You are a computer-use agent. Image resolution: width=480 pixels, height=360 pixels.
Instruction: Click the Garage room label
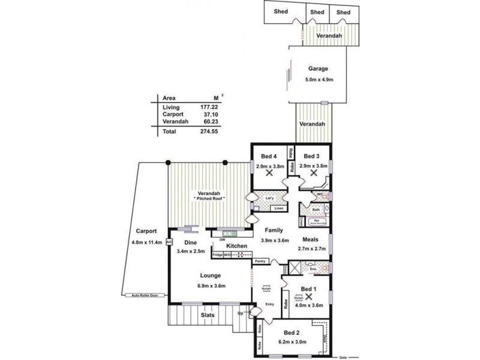click(x=318, y=68)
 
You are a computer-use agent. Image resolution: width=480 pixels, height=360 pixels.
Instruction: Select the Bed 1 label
click(x=308, y=289)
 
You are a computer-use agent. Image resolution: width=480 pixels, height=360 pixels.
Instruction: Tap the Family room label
click(x=273, y=230)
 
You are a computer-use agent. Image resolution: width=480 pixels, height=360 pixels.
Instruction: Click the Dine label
click(x=191, y=242)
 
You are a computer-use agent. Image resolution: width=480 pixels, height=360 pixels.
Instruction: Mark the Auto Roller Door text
click(x=145, y=296)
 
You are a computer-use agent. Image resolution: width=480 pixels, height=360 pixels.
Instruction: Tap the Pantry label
click(x=259, y=262)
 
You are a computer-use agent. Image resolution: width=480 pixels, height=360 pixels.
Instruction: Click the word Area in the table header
click(x=169, y=97)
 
